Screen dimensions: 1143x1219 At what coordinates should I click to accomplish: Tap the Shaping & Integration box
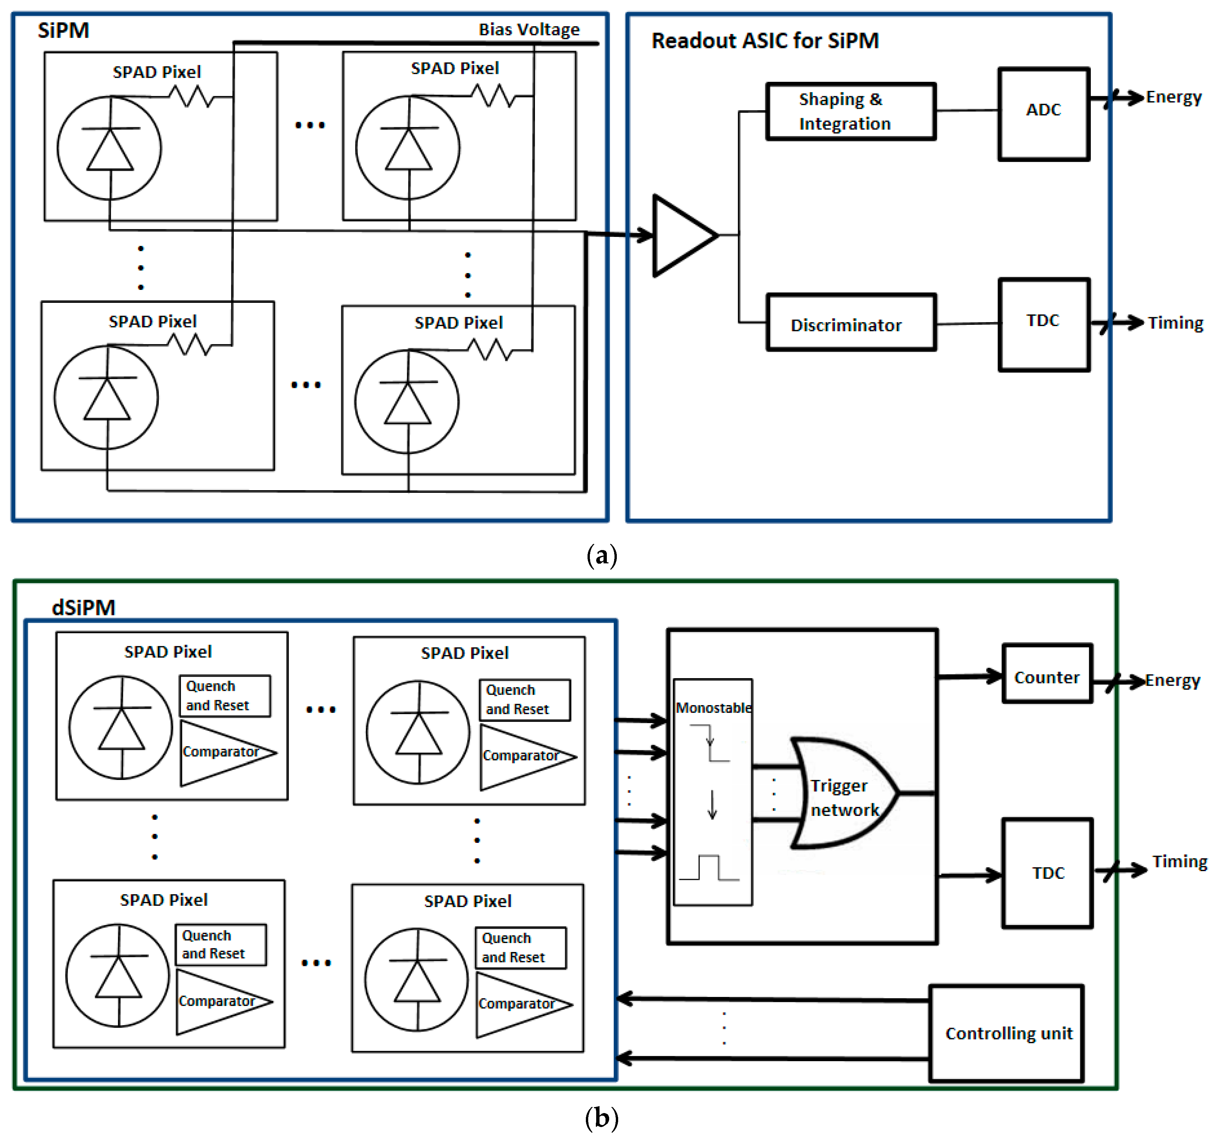(851, 111)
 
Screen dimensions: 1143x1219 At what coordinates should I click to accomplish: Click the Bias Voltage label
(529, 29)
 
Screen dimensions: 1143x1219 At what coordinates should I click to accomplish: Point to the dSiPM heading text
(84, 607)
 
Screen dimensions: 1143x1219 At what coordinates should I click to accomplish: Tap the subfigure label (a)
(602, 555)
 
